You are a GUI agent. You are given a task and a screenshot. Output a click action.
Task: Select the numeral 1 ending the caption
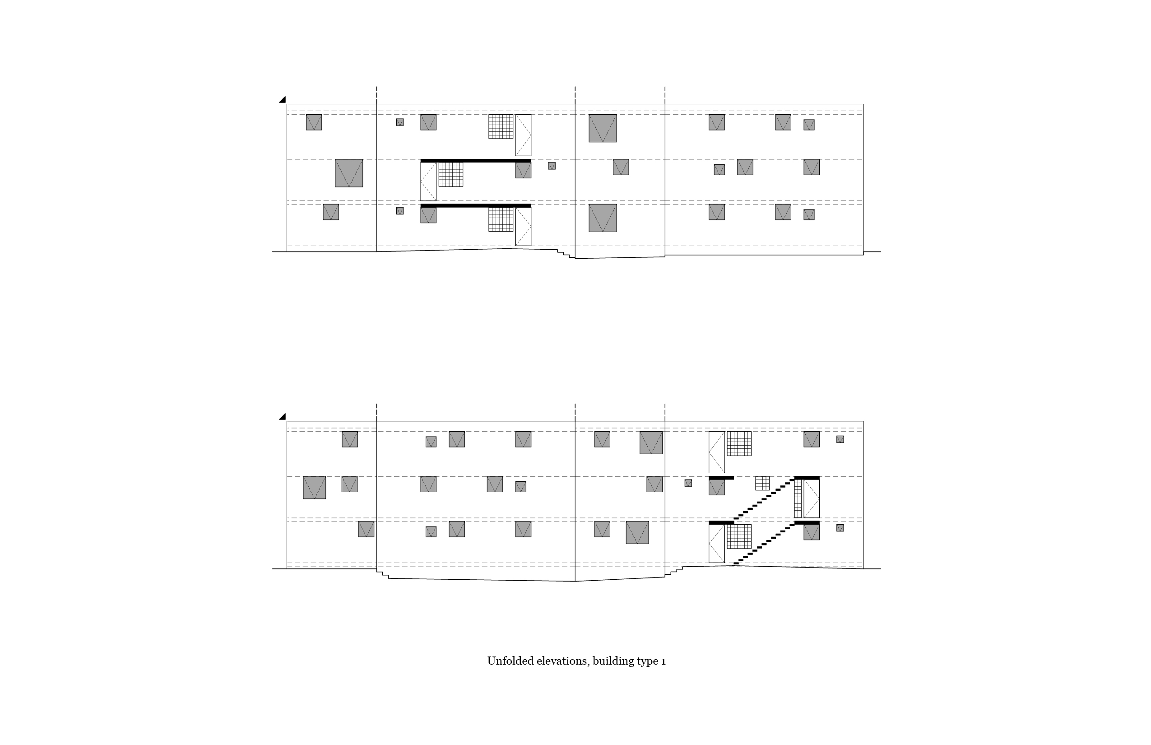pyautogui.click(x=663, y=662)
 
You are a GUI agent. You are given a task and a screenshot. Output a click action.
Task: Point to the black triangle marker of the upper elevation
pyautogui.click(x=283, y=100)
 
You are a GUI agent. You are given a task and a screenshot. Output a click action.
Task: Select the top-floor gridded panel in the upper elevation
pyautogui.click(x=501, y=126)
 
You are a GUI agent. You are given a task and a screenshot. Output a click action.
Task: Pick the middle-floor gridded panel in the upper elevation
pyautogui.click(x=451, y=174)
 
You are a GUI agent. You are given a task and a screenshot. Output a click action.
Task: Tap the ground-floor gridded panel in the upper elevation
pyautogui.click(x=501, y=219)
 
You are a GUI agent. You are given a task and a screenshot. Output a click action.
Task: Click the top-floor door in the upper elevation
pyautogui.click(x=523, y=135)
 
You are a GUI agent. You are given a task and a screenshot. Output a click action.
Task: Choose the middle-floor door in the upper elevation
pyautogui.click(x=428, y=182)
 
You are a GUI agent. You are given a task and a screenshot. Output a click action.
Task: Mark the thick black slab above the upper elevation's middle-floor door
pyautogui.click(x=475, y=161)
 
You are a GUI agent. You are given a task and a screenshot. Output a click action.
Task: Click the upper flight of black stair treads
pyautogui.click(x=764, y=498)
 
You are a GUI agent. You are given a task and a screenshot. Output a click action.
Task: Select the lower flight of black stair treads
pyautogui.click(x=764, y=543)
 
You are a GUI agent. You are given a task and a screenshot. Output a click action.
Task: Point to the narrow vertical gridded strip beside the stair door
pyautogui.click(x=798, y=499)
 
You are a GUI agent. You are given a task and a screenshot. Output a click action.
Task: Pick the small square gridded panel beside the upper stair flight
pyautogui.click(x=762, y=483)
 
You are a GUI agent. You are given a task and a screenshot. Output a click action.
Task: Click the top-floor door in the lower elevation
pyautogui.click(x=717, y=452)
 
